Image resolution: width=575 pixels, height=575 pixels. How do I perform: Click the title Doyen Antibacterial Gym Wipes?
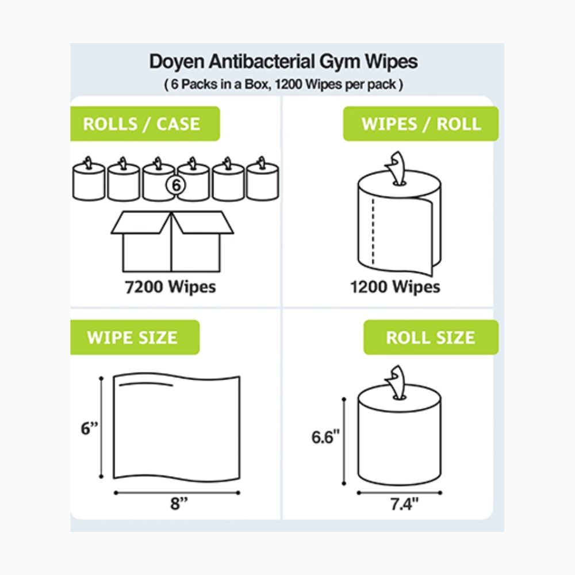(283, 62)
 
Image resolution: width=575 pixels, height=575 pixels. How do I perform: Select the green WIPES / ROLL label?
(421, 124)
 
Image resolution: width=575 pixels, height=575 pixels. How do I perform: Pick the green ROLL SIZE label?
(430, 337)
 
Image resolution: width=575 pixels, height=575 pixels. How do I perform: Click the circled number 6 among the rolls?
(177, 185)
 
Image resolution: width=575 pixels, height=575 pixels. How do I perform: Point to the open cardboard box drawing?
(172, 241)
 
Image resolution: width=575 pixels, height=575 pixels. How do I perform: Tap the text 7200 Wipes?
(170, 286)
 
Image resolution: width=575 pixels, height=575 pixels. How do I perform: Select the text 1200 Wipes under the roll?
(395, 286)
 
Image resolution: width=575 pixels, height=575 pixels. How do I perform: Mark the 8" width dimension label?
(179, 505)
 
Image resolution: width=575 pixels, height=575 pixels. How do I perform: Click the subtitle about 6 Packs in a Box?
(283, 85)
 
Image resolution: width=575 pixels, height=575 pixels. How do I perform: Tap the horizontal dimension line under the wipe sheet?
(176, 493)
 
